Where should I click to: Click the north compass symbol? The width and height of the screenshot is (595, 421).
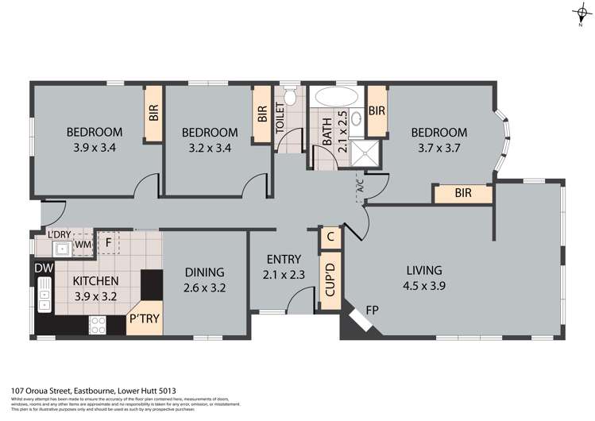coord(581,14)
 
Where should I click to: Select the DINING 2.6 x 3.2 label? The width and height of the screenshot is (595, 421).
coord(204,280)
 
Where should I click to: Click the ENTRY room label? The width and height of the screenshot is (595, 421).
coord(284,268)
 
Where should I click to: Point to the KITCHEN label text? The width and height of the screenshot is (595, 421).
coord(95,280)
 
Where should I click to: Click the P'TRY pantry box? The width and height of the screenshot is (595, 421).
coord(143,319)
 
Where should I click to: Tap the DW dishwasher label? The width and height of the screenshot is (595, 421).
coord(43,268)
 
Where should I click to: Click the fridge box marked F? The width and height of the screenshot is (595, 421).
coord(106,242)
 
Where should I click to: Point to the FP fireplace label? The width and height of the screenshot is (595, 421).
coord(371,311)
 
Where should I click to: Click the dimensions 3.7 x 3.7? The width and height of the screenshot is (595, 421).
coord(438,148)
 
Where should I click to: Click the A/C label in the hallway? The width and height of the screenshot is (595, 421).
coord(359,189)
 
